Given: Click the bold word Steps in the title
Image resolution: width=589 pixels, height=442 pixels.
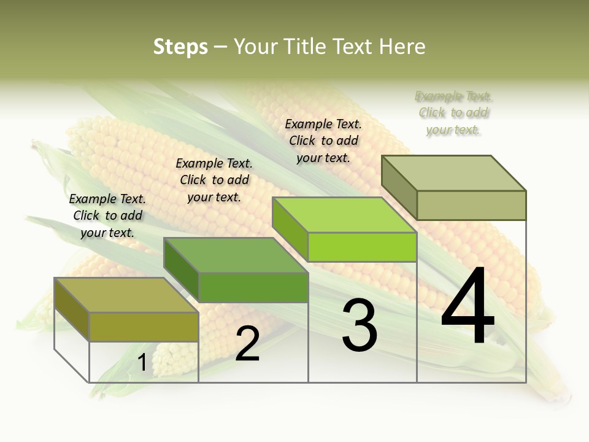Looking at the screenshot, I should coord(180,47).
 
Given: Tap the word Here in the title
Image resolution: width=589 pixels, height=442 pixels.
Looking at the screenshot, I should coord(402,47).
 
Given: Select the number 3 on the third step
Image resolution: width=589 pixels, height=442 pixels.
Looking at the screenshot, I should coord(360,325).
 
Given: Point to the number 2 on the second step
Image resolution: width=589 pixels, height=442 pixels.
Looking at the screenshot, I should coord(247,344).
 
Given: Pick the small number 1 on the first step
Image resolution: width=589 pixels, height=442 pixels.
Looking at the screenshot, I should coord(142,363).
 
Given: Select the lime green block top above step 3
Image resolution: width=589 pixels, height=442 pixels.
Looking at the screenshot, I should coord(344,215).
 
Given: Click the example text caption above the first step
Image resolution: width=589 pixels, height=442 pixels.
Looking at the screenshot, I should coord(107,215).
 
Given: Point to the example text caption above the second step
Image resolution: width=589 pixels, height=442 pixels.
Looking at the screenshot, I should coord(214,180).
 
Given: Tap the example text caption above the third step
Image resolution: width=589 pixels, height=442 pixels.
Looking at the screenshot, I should coord(323,141).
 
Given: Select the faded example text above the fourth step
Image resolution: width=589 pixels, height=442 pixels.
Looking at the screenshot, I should coord(453,113).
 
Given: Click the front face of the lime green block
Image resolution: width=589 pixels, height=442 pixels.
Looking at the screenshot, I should coord(362,247).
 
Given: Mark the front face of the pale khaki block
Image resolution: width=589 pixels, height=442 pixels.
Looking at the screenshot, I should coord(471,205).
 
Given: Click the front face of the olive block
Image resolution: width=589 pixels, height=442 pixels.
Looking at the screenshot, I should coord(144,327).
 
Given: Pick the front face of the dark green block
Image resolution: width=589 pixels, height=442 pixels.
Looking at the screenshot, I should coord(253,287).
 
